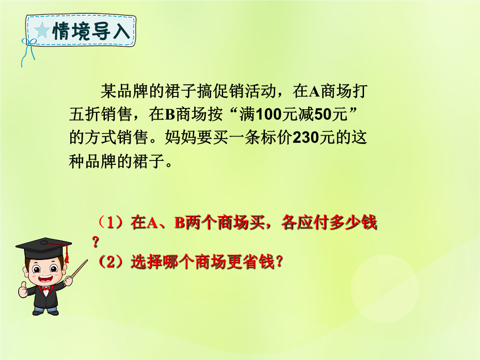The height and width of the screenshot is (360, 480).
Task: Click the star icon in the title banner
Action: [x=42, y=31]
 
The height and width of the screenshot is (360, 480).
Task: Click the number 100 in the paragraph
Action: [x=268, y=115]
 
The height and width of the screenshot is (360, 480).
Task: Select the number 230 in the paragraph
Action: [x=306, y=138]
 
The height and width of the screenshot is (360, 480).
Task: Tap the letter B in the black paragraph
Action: [x=170, y=115]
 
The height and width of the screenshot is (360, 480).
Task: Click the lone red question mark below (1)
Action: [x=96, y=242]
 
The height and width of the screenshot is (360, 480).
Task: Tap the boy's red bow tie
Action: [x=46, y=289]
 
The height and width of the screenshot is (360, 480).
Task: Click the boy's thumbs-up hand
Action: [x=23, y=290]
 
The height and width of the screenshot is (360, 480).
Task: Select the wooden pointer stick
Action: [x=78, y=270]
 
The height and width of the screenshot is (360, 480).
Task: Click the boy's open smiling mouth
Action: [x=45, y=279]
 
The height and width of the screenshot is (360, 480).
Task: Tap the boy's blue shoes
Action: [x=46, y=312]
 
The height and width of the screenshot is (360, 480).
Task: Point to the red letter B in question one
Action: [x=180, y=223]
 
